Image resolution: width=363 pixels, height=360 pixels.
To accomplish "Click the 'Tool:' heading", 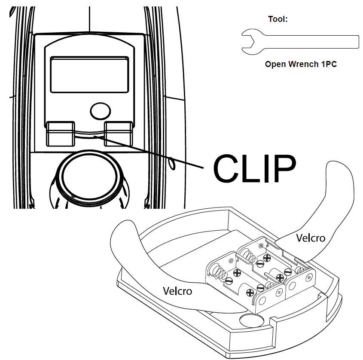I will (278, 19).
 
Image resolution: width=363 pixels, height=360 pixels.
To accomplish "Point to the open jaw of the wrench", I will (247, 41).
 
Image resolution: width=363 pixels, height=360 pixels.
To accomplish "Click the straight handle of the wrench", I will (309, 42).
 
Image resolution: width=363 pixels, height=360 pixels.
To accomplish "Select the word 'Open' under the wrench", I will (276, 64).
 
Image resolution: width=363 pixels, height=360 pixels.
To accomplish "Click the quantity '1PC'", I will (329, 64).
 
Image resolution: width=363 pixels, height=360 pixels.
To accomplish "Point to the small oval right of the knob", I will (172, 163).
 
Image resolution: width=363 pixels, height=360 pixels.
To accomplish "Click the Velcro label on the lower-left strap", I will (177, 291).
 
